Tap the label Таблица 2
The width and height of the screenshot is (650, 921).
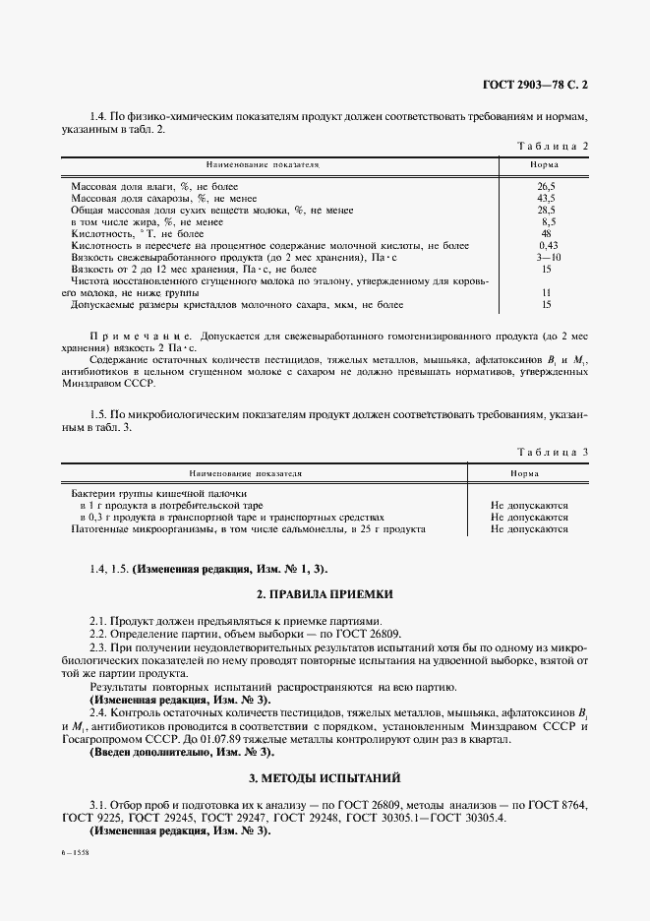[553, 147]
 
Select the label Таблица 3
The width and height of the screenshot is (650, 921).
[553, 452]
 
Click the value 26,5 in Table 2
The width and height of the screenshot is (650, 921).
[547, 186]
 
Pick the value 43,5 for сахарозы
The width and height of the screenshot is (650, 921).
[547, 198]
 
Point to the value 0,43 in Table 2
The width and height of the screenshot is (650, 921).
[548, 245]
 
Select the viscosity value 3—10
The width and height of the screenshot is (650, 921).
[548, 257]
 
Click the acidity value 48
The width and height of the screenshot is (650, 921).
[547, 233]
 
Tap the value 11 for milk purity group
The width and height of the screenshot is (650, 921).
[547, 293]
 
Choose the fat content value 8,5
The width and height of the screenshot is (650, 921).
[548, 221]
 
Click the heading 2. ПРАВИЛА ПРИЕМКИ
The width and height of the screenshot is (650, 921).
[325, 594]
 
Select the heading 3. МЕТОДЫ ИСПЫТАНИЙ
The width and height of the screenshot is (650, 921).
[325, 778]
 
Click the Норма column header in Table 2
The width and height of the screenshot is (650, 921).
[546, 165]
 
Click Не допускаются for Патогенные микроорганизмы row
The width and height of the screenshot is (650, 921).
[529, 529]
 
